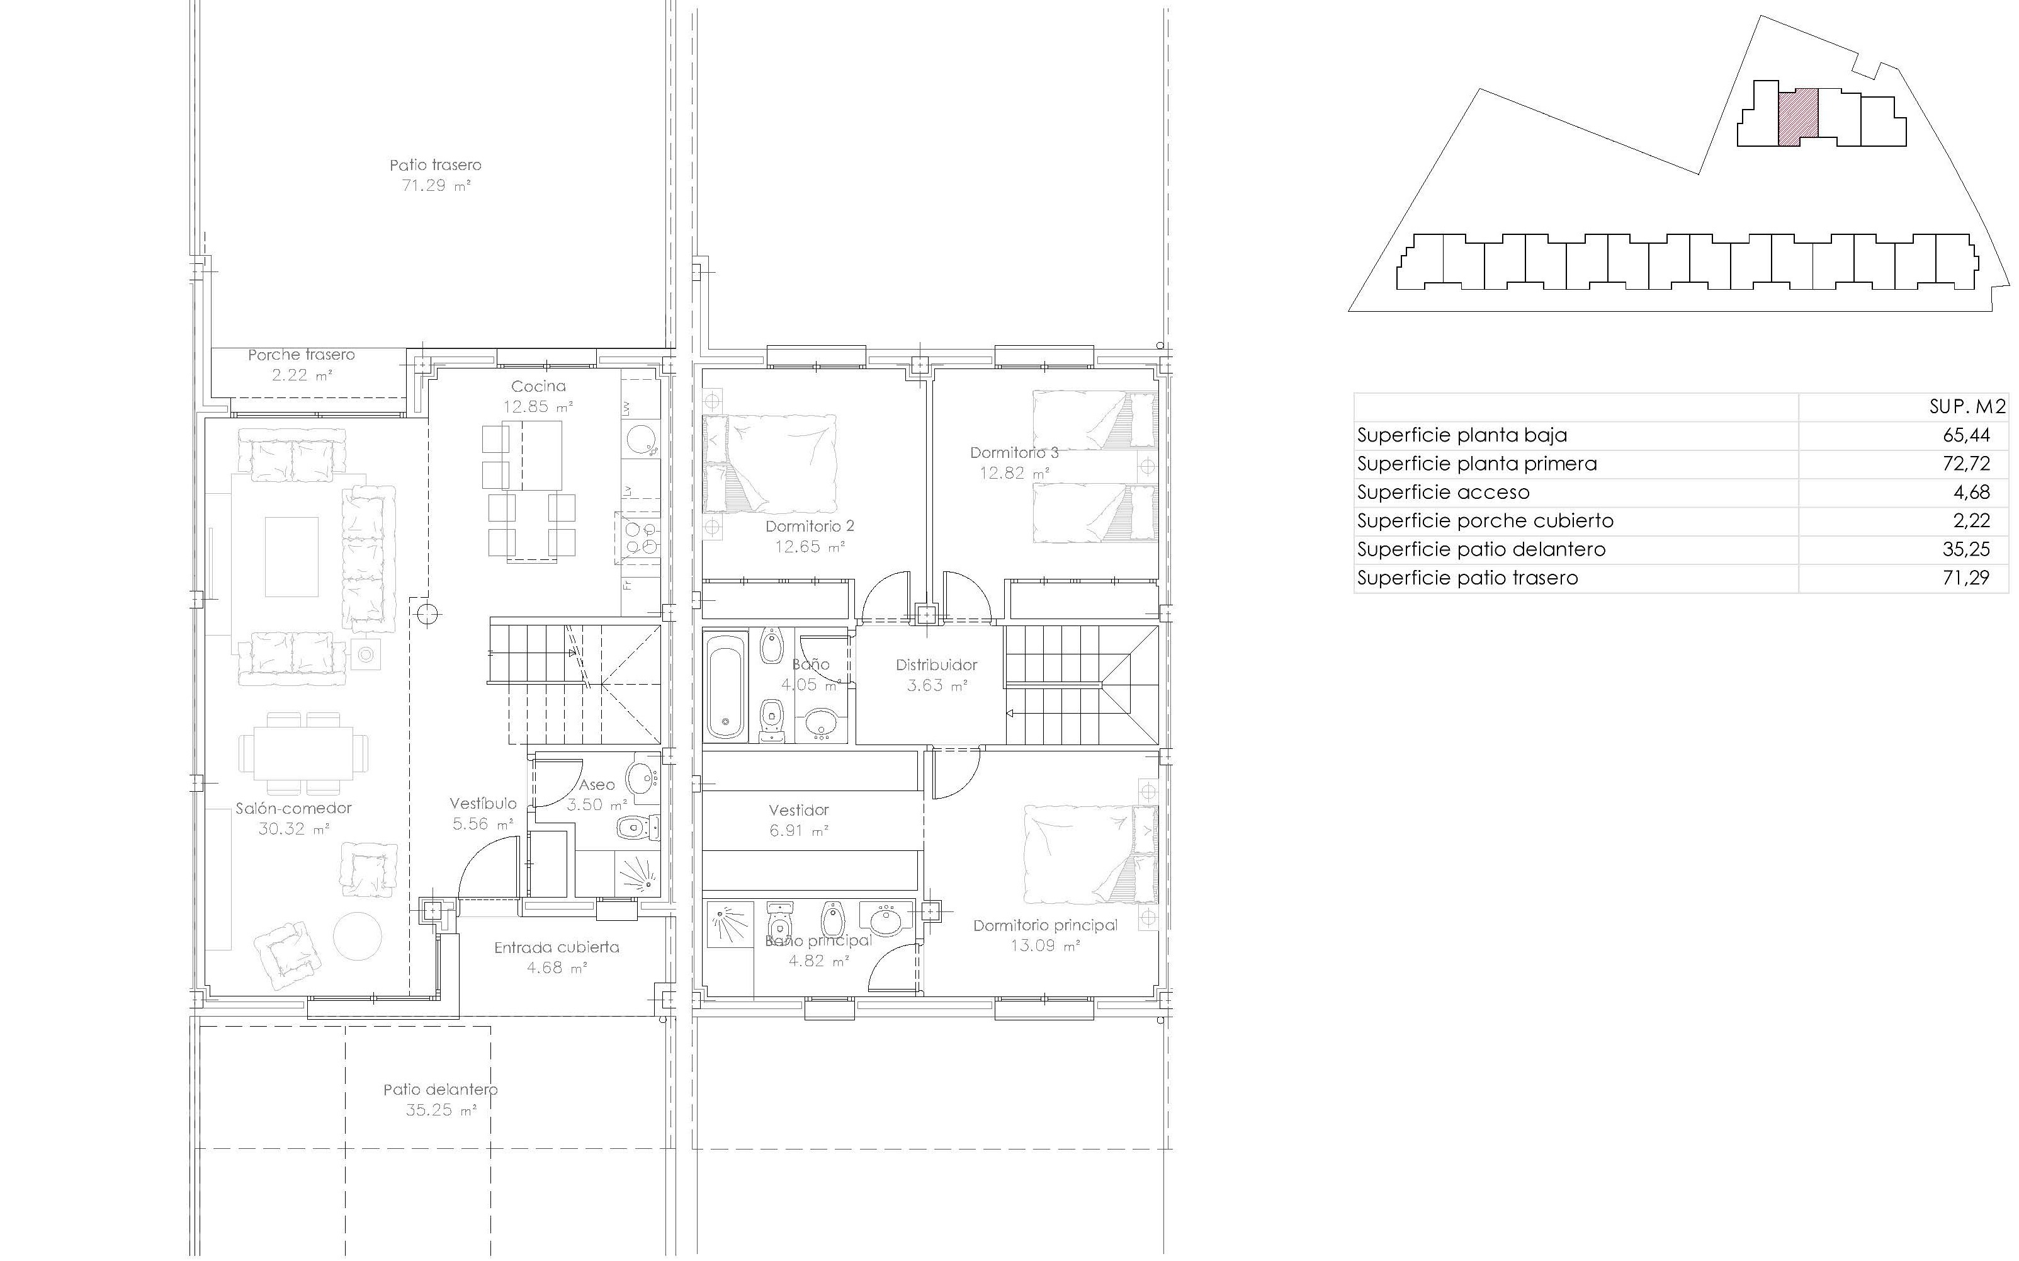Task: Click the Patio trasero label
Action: pos(435,165)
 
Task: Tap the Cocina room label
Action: pos(538,386)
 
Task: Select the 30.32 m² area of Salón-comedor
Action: pos(293,829)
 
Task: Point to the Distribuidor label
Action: pos(936,665)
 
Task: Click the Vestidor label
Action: pos(798,810)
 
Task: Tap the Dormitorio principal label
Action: pos(1045,925)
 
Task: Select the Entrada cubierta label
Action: pos(557,947)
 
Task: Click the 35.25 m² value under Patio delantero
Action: pos(441,1110)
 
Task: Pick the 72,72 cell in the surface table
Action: pos(1965,464)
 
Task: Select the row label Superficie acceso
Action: pos(1444,492)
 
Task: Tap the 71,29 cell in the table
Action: pos(1965,578)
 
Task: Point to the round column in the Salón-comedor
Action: pos(427,615)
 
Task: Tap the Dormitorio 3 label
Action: pos(1014,453)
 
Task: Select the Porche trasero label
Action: pos(301,355)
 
